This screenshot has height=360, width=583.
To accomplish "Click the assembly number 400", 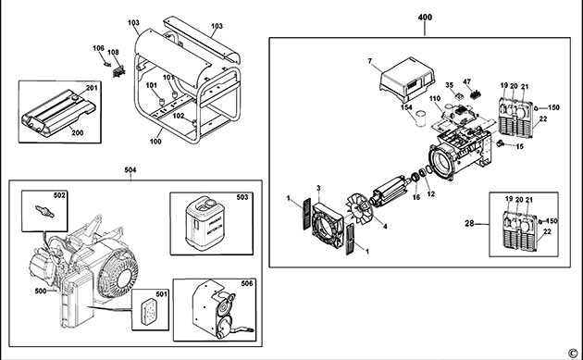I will click(426, 19).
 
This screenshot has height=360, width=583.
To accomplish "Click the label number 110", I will click(434, 98).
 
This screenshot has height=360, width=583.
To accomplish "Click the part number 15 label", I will click(519, 147).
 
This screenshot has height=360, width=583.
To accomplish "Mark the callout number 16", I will click(416, 197).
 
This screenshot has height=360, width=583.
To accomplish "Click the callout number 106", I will click(98, 48).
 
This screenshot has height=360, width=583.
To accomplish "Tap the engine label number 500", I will click(40, 292).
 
